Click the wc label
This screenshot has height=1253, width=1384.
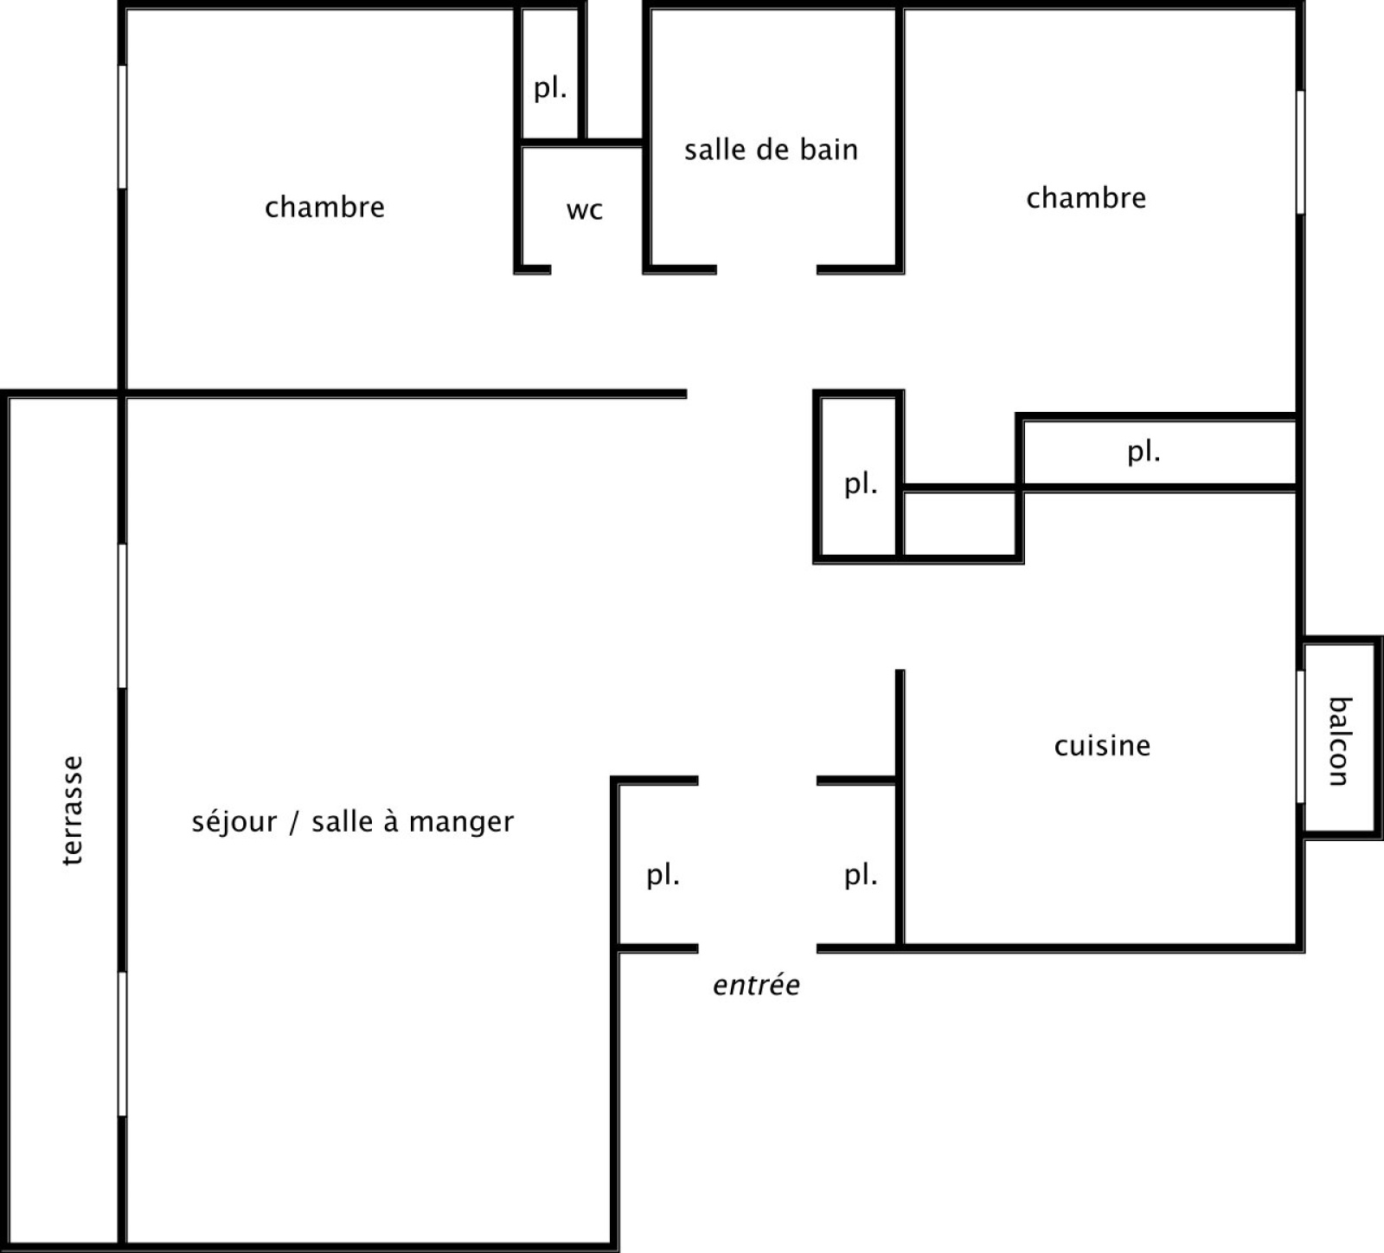(x=585, y=210)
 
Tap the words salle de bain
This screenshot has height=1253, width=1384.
(x=771, y=150)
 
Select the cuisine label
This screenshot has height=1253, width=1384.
(x=1102, y=746)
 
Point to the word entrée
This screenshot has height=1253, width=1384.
(x=756, y=985)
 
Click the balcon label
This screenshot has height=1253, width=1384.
(x=1338, y=742)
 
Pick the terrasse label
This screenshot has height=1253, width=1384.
(x=73, y=811)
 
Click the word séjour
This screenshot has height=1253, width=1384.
(x=232, y=821)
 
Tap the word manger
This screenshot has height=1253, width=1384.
(x=462, y=822)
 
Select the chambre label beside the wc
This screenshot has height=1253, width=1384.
(x=324, y=207)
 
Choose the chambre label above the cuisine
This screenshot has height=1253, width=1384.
(x=1086, y=198)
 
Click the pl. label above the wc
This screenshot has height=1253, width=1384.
(x=550, y=88)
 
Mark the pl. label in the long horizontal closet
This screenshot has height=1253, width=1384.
(x=1144, y=452)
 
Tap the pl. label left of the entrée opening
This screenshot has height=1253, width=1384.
(x=663, y=876)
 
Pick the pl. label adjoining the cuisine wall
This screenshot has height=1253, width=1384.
(x=861, y=876)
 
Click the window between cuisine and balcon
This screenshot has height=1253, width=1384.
(x=1299, y=736)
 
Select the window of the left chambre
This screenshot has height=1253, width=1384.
(x=122, y=126)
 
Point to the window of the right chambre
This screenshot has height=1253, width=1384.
(x=1299, y=152)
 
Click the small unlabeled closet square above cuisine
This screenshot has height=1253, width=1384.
(x=959, y=524)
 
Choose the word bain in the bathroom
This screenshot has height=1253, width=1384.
(x=828, y=150)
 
